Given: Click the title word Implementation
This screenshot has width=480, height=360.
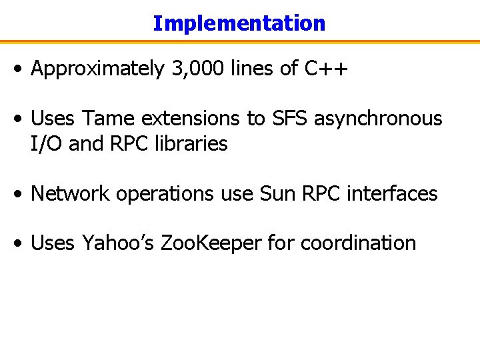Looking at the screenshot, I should pos(239,23).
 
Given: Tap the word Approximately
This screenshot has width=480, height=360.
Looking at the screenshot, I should pos(97,69).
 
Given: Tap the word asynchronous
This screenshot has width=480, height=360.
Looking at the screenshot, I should pos(378,119).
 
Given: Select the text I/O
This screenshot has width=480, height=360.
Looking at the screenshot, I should pos(47,143).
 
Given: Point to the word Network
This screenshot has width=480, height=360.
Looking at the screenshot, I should pos(69,194).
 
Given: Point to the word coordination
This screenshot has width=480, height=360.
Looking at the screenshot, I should pos(358,243).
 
